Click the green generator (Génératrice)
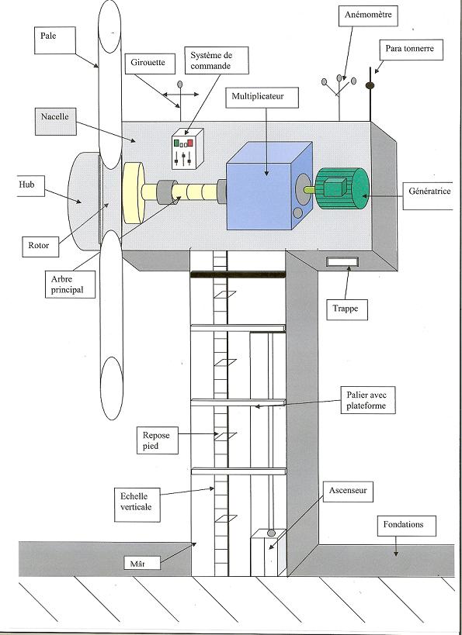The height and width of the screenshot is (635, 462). click(x=342, y=188)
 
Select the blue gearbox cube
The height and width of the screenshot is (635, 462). click(x=269, y=185)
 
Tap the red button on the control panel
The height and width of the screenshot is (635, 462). click(x=189, y=143)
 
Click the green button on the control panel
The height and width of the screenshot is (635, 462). click(x=176, y=143)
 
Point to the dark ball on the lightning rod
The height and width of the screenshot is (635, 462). click(x=370, y=85)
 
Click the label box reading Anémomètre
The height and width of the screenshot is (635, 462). click(x=368, y=16)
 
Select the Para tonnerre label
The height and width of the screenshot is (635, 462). click(x=410, y=50)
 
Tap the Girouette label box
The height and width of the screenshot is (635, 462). click(x=150, y=64)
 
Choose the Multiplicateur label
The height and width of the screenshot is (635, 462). click(x=262, y=97)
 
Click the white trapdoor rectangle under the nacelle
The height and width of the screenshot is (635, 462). click(x=342, y=262)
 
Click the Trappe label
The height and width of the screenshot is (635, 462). click(x=347, y=309)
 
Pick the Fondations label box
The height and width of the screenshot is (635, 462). click(x=406, y=526)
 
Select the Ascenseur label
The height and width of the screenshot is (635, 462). click(x=348, y=492)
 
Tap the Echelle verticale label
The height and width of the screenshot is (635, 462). click(x=137, y=502)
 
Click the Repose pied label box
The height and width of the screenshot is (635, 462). click(x=158, y=440)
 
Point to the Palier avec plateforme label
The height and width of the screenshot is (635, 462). click(x=368, y=400)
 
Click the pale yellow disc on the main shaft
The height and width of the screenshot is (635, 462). click(x=134, y=193)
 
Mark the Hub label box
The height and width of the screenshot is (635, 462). click(x=31, y=186)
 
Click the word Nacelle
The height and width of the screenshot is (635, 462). click(x=55, y=116)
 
